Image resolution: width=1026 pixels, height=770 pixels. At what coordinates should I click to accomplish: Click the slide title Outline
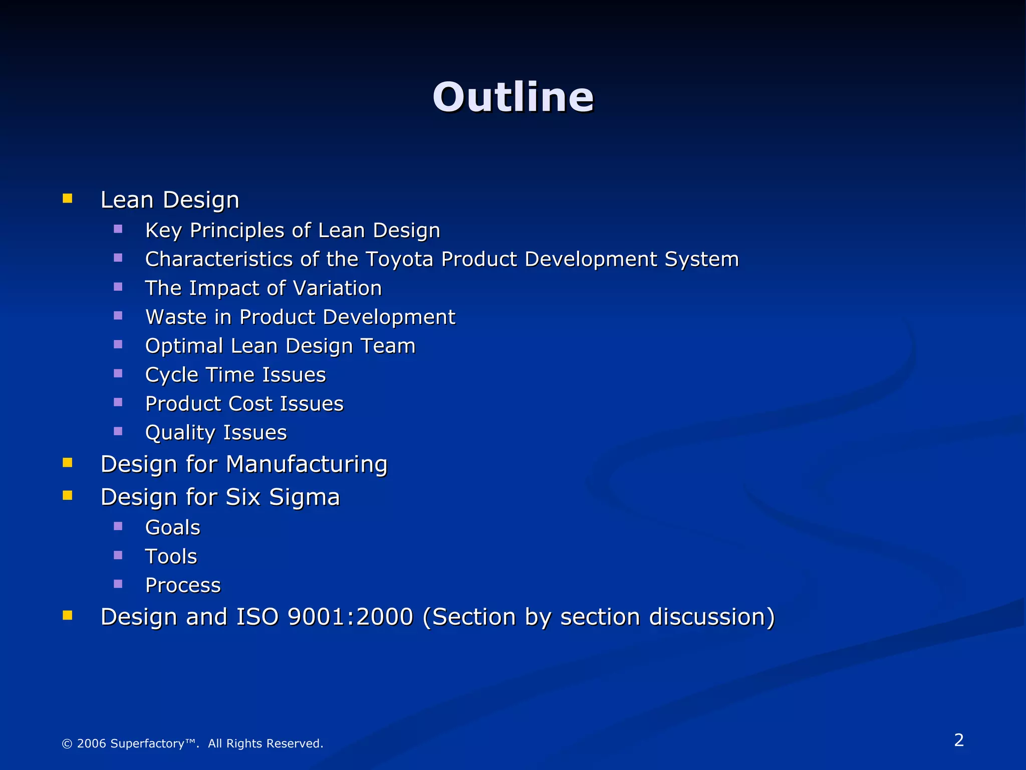click(x=513, y=97)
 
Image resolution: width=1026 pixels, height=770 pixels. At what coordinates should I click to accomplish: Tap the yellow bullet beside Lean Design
click(x=68, y=199)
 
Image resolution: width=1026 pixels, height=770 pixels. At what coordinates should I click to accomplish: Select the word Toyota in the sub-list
click(x=400, y=259)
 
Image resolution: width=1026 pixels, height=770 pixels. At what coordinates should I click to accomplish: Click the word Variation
click(x=337, y=288)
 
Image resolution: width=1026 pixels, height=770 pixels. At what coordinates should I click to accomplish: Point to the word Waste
click(x=175, y=317)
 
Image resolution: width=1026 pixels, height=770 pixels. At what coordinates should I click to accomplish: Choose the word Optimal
click(x=184, y=346)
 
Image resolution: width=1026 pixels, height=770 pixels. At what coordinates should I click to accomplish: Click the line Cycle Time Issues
click(x=235, y=375)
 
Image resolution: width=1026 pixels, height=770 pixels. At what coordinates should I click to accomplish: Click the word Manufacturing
click(x=307, y=464)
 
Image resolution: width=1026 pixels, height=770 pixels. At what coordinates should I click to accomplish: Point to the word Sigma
click(x=304, y=497)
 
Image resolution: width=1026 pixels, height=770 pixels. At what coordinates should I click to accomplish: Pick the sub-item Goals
click(x=172, y=527)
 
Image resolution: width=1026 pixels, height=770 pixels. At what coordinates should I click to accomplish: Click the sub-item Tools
click(x=171, y=556)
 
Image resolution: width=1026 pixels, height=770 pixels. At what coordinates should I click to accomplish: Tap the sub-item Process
click(x=183, y=585)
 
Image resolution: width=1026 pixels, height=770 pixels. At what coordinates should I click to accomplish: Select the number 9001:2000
click(x=350, y=617)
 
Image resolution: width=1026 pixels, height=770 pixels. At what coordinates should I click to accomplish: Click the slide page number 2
click(x=959, y=740)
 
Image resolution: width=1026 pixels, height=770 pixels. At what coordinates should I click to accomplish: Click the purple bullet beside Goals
click(x=118, y=526)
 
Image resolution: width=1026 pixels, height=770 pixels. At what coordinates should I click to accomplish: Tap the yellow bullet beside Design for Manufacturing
click(x=68, y=462)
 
